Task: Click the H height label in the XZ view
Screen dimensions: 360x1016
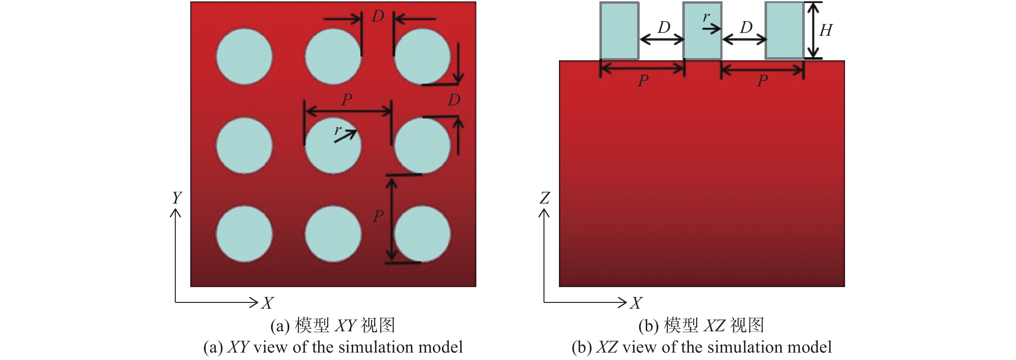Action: (825, 30)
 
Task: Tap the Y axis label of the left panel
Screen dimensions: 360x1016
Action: (177, 197)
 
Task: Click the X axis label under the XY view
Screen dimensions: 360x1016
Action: (267, 303)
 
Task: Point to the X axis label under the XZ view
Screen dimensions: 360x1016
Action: (636, 303)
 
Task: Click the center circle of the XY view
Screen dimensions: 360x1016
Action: (333, 145)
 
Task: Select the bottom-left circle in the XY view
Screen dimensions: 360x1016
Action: (244, 234)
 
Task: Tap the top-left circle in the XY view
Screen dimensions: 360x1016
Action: (244, 56)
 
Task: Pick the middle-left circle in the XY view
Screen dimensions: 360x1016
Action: (244, 145)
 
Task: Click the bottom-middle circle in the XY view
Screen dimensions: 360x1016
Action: (333, 234)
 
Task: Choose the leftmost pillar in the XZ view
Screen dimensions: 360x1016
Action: (619, 31)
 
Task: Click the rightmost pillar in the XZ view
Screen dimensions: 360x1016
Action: (784, 31)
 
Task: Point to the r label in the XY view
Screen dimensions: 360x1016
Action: (338, 130)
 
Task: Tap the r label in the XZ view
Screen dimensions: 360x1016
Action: (706, 17)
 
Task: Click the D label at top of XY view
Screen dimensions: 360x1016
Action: (378, 16)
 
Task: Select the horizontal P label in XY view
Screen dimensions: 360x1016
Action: (347, 100)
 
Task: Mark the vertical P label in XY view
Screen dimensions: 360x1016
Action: (378, 216)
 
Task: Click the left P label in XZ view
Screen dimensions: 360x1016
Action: (643, 81)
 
